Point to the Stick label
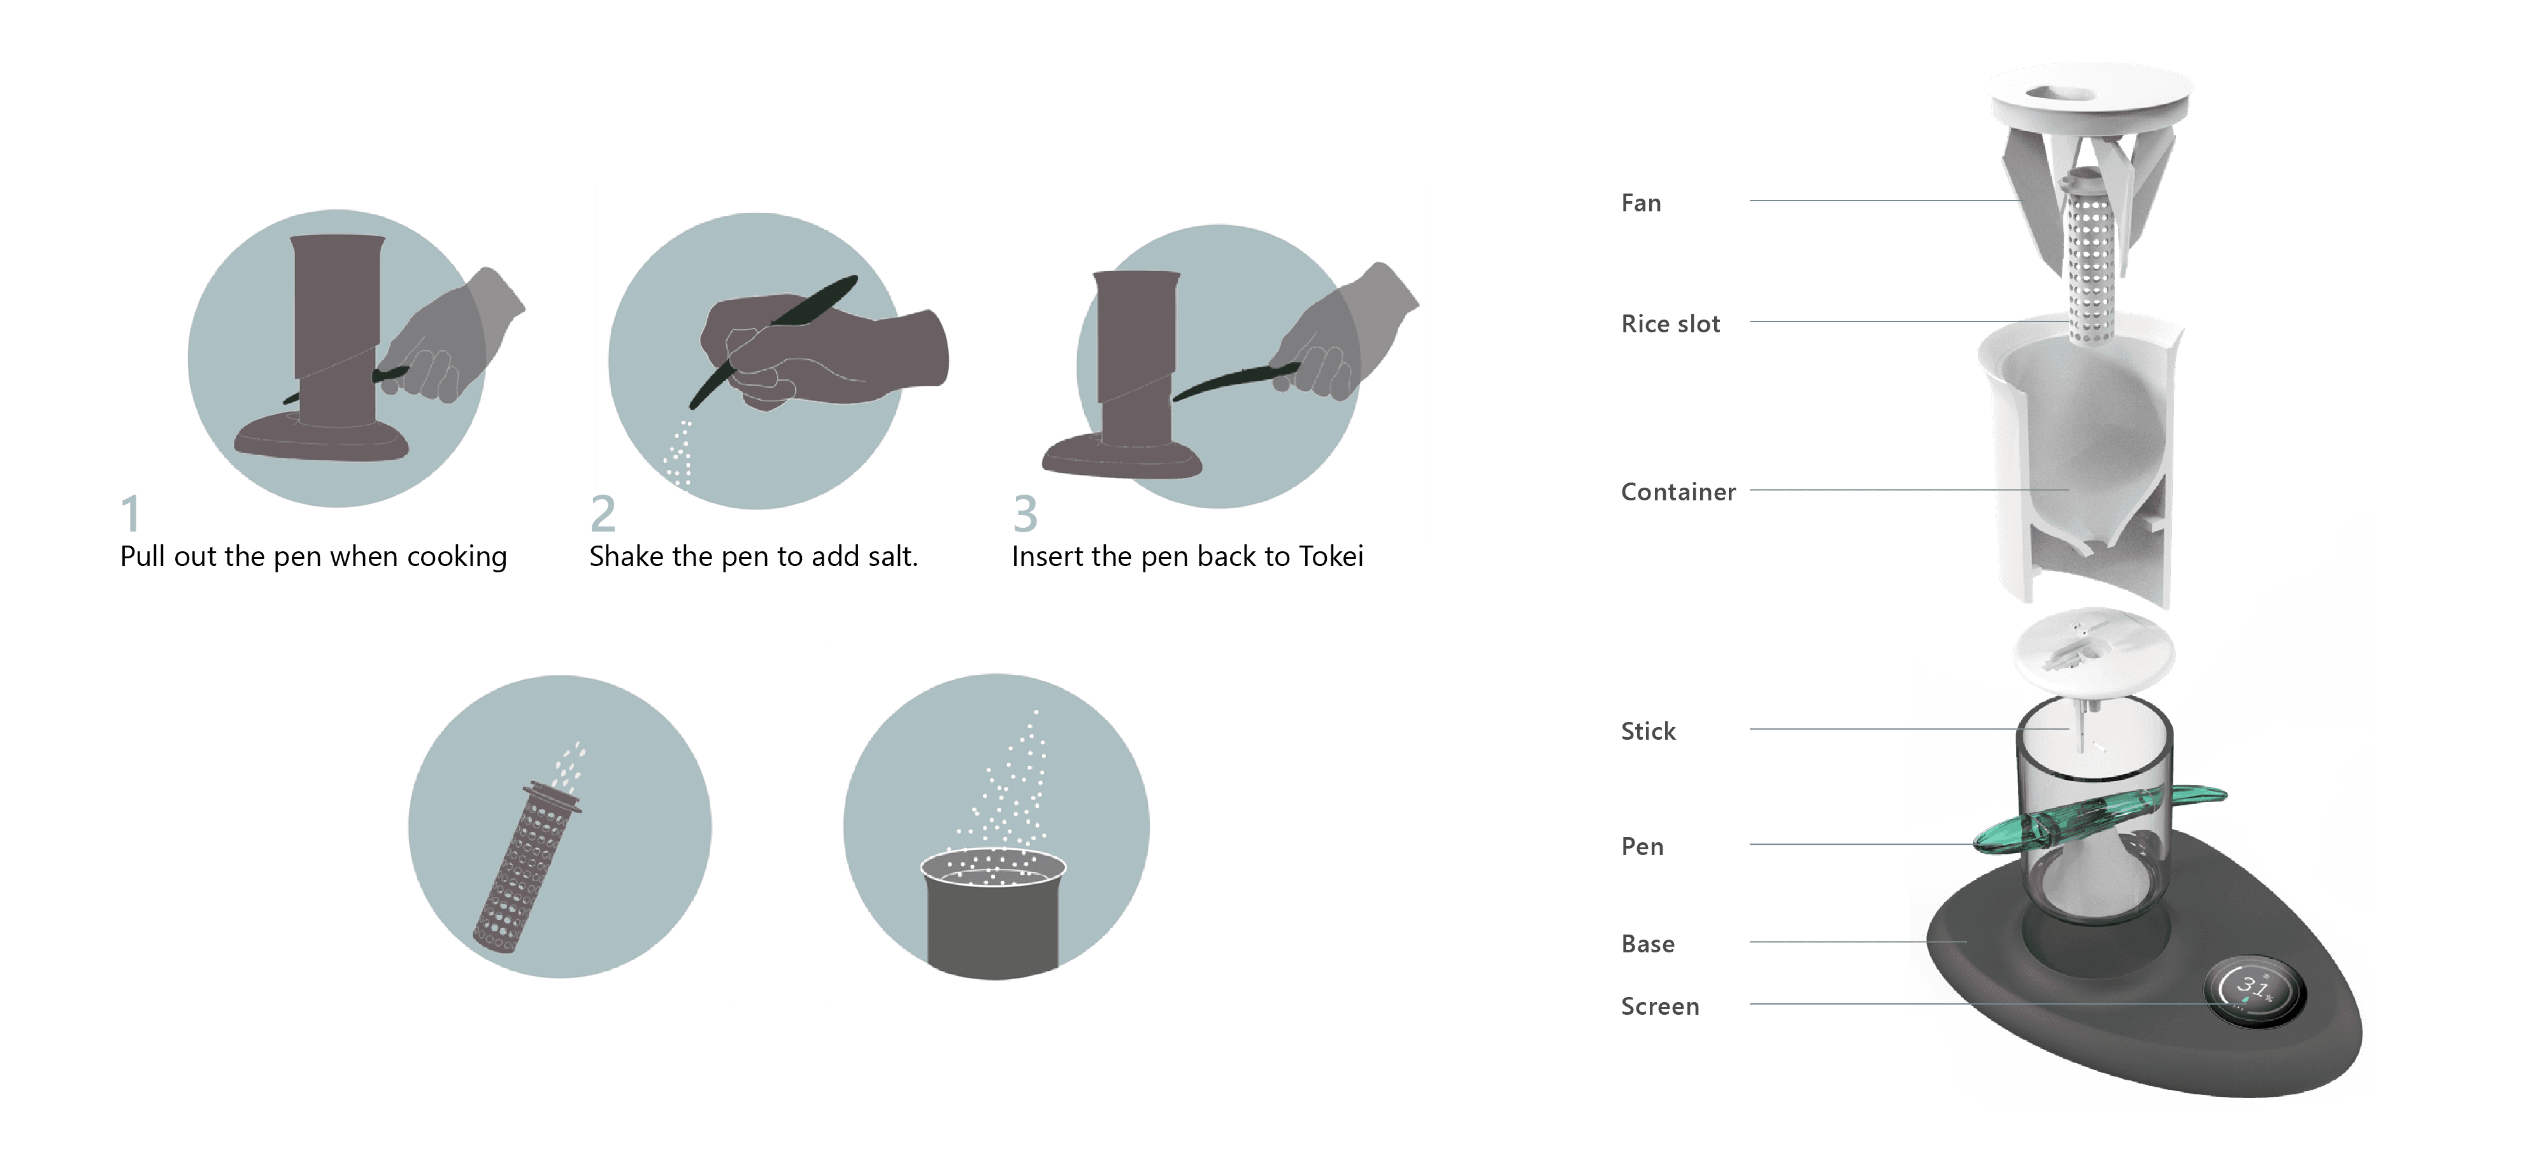[1648, 731]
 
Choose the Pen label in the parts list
[1642, 847]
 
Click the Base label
[1648, 943]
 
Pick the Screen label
[1660, 1006]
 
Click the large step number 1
[129, 514]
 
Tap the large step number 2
[603, 514]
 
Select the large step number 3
[1025, 514]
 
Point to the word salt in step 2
[887, 556]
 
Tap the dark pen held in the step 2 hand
[773, 341]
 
